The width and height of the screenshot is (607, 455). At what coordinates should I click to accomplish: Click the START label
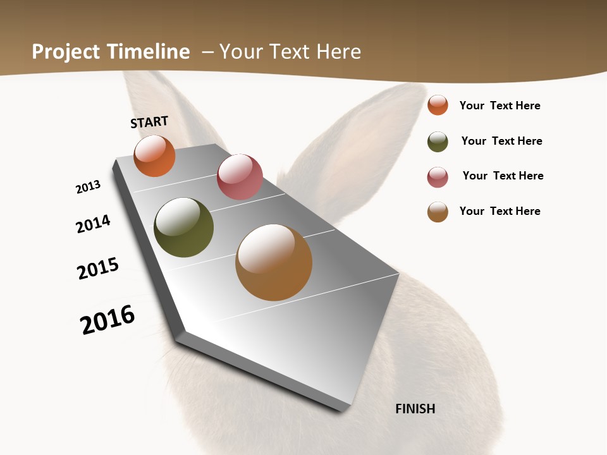(x=149, y=122)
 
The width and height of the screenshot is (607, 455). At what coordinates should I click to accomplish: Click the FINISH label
(x=415, y=409)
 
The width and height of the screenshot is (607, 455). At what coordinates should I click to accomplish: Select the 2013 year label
(x=88, y=187)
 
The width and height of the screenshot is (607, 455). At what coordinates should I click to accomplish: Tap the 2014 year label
(x=93, y=224)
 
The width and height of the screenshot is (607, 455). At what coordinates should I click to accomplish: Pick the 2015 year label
(x=97, y=269)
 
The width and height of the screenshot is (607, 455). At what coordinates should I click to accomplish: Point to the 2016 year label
(x=107, y=320)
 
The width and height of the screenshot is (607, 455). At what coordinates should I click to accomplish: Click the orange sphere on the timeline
(x=154, y=155)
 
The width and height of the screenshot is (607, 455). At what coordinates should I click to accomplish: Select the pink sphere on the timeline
(x=240, y=177)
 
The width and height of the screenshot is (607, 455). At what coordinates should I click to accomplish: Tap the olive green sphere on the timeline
(x=183, y=227)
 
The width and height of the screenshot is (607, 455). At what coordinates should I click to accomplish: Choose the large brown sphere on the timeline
(x=274, y=262)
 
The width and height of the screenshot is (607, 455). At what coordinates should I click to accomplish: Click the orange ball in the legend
(x=438, y=105)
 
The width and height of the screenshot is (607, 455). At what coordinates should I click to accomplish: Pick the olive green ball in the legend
(x=438, y=142)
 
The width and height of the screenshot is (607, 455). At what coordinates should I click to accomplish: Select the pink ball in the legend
(x=438, y=177)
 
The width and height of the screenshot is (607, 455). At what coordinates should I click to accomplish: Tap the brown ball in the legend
(x=438, y=212)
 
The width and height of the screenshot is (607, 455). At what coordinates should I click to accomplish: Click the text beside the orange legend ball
(x=500, y=106)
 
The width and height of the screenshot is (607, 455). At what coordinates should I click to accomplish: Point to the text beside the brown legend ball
(x=500, y=211)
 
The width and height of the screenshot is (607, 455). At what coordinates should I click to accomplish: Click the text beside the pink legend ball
(x=503, y=176)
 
